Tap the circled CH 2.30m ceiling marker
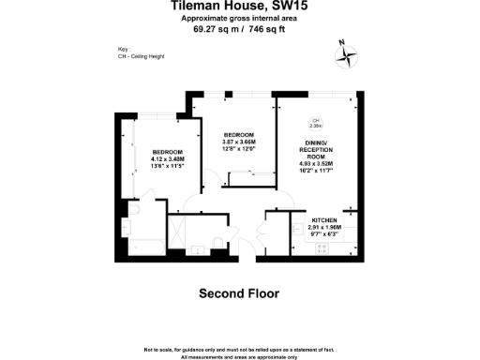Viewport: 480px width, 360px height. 316,123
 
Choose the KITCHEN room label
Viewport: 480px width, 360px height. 323,217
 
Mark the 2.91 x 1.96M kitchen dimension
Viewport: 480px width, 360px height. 323,225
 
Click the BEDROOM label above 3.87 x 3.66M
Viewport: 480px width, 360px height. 237,133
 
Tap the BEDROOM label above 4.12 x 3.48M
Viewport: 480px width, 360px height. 168,152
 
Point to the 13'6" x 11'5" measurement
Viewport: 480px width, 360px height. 168,166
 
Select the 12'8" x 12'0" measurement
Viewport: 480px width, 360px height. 237,147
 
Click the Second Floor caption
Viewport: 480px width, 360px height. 239,293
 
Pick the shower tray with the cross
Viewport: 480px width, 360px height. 176,232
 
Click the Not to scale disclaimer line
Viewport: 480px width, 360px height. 239,349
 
